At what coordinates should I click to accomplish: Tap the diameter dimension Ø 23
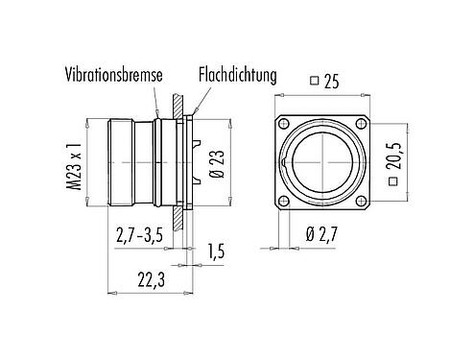coord(219,164)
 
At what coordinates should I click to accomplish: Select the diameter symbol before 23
coord(219,180)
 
